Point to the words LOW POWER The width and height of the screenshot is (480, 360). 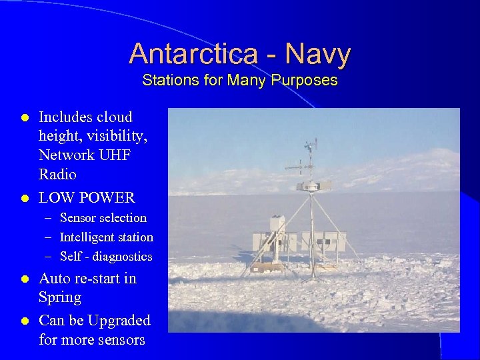point(87,198)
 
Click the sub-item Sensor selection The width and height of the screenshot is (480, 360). point(103,218)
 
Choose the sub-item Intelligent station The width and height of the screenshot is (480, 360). point(106,237)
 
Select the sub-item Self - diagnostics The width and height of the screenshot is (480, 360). point(105,257)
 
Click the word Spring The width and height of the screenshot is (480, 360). point(60,297)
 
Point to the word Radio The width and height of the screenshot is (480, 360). point(57,175)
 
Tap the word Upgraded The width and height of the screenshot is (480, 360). point(117,321)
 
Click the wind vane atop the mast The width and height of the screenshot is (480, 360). point(311,145)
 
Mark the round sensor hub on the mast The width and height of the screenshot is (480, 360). point(311,186)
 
